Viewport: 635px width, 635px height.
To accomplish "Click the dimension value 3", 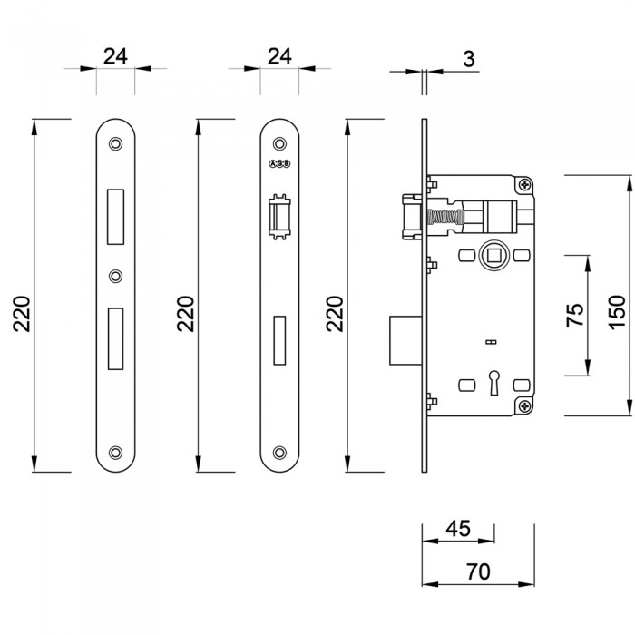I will [468, 60].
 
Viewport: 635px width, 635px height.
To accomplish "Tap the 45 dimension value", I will [459, 529].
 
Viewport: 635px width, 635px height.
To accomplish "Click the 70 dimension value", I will [478, 571].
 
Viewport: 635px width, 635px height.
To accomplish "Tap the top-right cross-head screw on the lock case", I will [524, 185].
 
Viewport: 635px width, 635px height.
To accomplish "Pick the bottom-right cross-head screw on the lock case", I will [524, 405].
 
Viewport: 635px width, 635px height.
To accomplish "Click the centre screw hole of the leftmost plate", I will [115, 276].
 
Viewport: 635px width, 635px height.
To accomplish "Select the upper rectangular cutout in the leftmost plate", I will [115, 216].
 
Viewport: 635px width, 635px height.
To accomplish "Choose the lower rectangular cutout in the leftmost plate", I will [115, 338].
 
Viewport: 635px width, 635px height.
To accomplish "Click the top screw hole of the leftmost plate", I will [115, 143].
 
